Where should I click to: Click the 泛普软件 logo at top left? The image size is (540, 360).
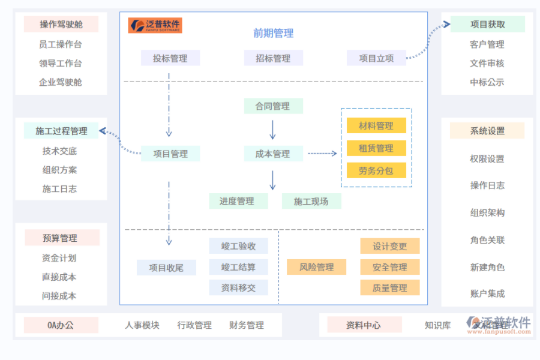pyautogui.click(x=155, y=25)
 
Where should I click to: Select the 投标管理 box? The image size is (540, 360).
pyautogui.click(x=170, y=58)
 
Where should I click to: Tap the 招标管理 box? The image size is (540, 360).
pyautogui.click(x=273, y=58)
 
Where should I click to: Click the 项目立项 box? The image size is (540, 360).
pyautogui.click(x=376, y=58)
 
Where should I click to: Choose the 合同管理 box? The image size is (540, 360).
pyautogui.click(x=273, y=106)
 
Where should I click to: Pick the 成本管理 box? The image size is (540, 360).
pyautogui.click(x=273, y=154)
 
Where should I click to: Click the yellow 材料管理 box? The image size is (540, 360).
pyautogui.click(x=376, y=125)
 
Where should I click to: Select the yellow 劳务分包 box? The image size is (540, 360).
pyautogui.click(x=376, y=170)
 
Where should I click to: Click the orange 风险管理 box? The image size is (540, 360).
pyautogui.click(x=316, y=267)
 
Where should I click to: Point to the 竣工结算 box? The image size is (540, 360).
pyautogui.click(x=238, y=267)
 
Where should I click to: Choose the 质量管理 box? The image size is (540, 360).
pyautogui.click(x=389, y=288)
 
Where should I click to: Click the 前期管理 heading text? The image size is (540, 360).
pyautogui.click(x=273, y=34)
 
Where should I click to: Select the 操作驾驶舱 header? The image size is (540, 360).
pyautogui.click(x=61, y=25)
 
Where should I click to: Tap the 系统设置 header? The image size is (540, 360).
pyautogui.click(x=487, y=131)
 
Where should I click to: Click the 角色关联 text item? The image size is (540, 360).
pyautogui.click(x=487, y=240)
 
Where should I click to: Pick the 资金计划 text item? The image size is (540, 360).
pyautogui.click(x=59, y=258)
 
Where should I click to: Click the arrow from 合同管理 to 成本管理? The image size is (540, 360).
pyautogui.click(x=273, y=130)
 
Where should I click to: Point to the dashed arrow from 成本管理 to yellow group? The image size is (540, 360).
pyautogui.click(x=323, y=154)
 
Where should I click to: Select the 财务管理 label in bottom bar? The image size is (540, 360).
pyautogui.click(x=247, y=325)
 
